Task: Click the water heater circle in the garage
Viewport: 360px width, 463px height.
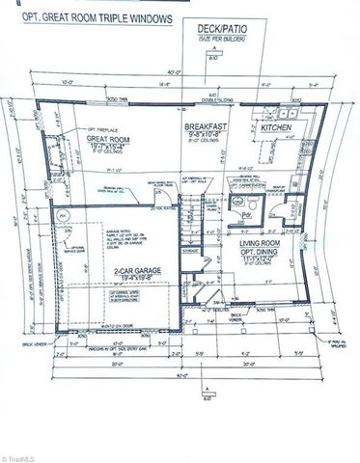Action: pos(63,214)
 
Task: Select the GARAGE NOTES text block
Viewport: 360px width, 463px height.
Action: pos(104,236)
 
